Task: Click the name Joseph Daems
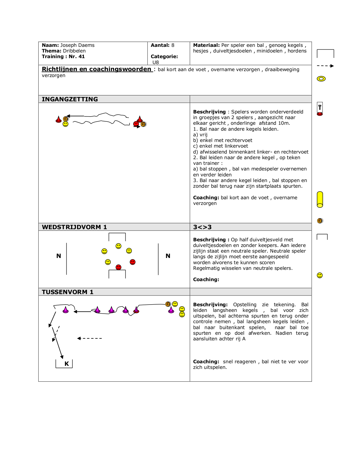click(x=77, y=45)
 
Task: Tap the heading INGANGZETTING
click(x=70, y=99)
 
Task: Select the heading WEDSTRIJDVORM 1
click(x=74, y=227)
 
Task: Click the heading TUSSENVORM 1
click(x=67, y=292)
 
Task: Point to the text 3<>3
click(x=202, y=227)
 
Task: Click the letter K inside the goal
click(x=67, y=364)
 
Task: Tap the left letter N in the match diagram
click(x=59, y=256)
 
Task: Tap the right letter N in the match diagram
click(x=168, y=256)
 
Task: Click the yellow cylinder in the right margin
click(x=320, y=200)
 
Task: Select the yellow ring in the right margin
click(x=321, y=79)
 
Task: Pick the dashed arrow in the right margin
click(x=325, y=66)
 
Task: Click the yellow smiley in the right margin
click(x=320, y=275)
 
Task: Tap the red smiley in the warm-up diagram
click(x=136, y=124)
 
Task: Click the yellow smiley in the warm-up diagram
click(x=66, y=124)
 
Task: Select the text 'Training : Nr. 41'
click(x=63, y=56)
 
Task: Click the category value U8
click(x=156, y=62)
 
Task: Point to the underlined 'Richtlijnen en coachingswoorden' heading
click(x=97, y=69)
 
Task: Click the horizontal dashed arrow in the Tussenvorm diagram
click(x=90, y=338)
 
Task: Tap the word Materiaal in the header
click(x=206, y=45)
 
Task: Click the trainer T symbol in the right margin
click(x=320, y=108)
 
